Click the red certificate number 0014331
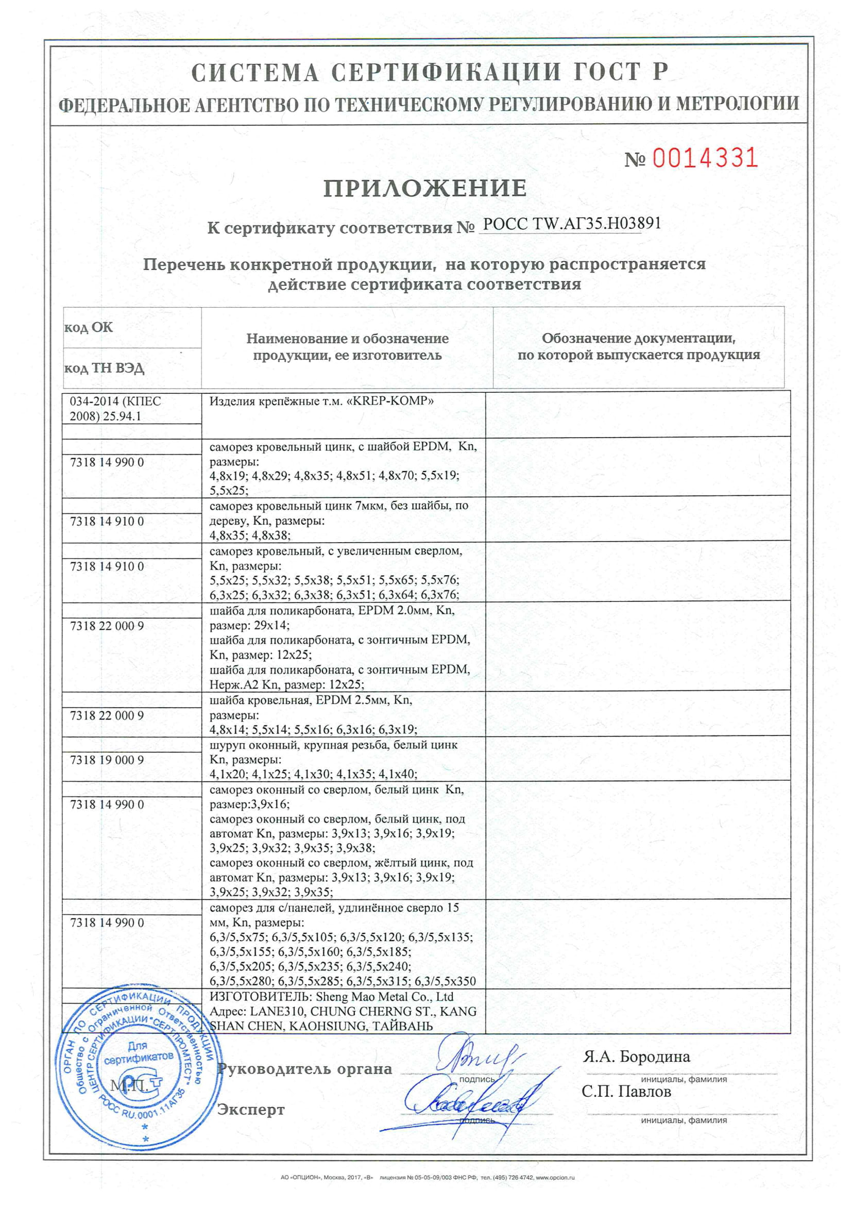[705, 158]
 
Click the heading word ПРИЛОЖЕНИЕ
[425, 189]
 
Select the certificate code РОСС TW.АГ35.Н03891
[572, 224]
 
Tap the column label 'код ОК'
[88, 327]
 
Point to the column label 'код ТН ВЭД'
[104, 368]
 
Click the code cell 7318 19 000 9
[107, 760]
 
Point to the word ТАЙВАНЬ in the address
[402, 1026]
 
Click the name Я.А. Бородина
[636, 1057]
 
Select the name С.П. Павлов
[626, 1092]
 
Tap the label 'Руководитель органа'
[305, 1069]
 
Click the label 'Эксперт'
[251, 1110]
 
